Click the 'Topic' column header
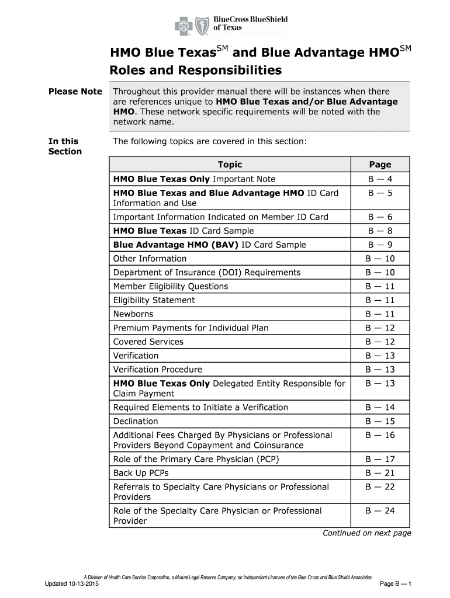click(229, 165)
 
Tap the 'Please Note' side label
click(75, 92)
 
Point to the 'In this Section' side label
click(65, 146)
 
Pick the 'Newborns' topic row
click(133, 314)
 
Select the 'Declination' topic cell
click(136, 421)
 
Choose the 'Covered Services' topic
click(148, 342)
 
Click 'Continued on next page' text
click(367, 533)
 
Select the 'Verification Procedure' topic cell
click(157, 370)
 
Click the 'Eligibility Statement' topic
click(154, 300)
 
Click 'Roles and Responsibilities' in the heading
click(196, 71)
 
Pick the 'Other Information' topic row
click(150, 259)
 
